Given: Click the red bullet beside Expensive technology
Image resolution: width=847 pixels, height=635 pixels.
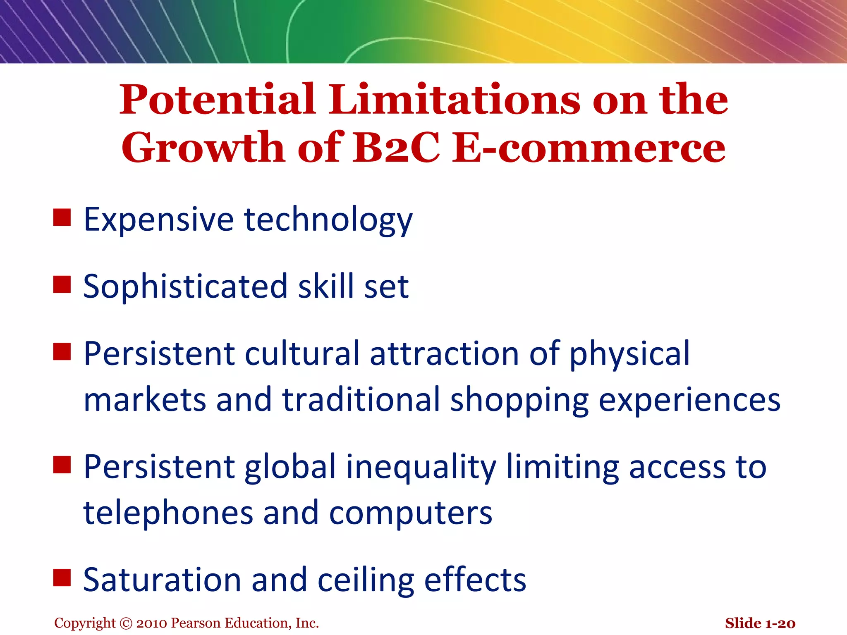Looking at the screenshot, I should pyautogui.click(x=62, y=217).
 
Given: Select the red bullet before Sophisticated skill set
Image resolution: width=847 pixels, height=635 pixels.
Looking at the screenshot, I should pyautogui.click(x=62, y=285).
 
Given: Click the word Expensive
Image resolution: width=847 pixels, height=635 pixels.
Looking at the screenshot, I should pyautogui.click(x=159, y=220).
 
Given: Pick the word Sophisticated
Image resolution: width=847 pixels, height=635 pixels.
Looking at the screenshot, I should pyautogui.click(x=185, y=286).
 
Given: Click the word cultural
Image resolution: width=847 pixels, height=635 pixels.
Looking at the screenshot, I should pyautogui.click(x=302, y=354).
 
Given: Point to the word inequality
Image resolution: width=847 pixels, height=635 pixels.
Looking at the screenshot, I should pyautogui.click(x=421, y=468).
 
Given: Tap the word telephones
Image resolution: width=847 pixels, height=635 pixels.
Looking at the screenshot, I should pyautogui.click(x=168, y=513).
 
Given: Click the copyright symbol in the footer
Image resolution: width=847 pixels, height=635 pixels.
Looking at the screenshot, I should pyautogui.click(x=126, y=623).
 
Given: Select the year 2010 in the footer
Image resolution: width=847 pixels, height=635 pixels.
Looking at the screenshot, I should pyautogui.click(x=152, y=623).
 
